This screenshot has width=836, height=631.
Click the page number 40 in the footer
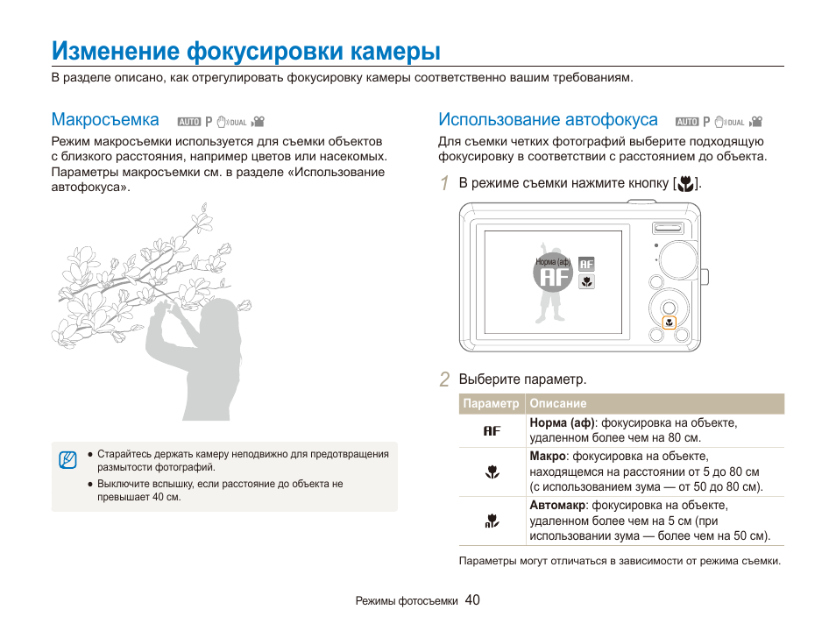472,600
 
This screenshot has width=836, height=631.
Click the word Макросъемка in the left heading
105,120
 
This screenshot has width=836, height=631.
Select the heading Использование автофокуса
548,120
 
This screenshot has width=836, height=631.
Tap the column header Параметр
491,404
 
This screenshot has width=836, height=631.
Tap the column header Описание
558,404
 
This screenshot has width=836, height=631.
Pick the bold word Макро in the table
547,457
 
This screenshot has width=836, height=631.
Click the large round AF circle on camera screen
553,277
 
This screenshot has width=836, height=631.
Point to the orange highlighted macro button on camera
669,323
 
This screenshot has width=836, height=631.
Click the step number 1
445,183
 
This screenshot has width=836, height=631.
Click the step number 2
445,379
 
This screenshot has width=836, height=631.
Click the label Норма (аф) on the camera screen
553,261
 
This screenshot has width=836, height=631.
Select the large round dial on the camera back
679,259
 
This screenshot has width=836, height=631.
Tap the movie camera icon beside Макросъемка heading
259,122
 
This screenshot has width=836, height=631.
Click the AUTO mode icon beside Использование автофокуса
688,122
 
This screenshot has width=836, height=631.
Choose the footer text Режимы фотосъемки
407,602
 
